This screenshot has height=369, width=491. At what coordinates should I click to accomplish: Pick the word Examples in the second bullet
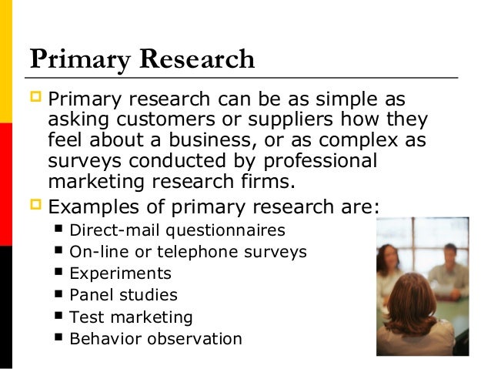95,206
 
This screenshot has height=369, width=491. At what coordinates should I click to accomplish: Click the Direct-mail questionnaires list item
177,230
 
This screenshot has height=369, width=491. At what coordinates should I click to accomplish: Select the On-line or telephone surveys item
188,252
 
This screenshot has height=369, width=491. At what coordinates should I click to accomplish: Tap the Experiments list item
120,273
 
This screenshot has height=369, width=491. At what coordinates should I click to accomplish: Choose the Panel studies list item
123,295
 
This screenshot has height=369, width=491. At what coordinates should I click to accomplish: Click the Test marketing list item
131,317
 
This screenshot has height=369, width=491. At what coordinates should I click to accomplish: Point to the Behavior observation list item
155,338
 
